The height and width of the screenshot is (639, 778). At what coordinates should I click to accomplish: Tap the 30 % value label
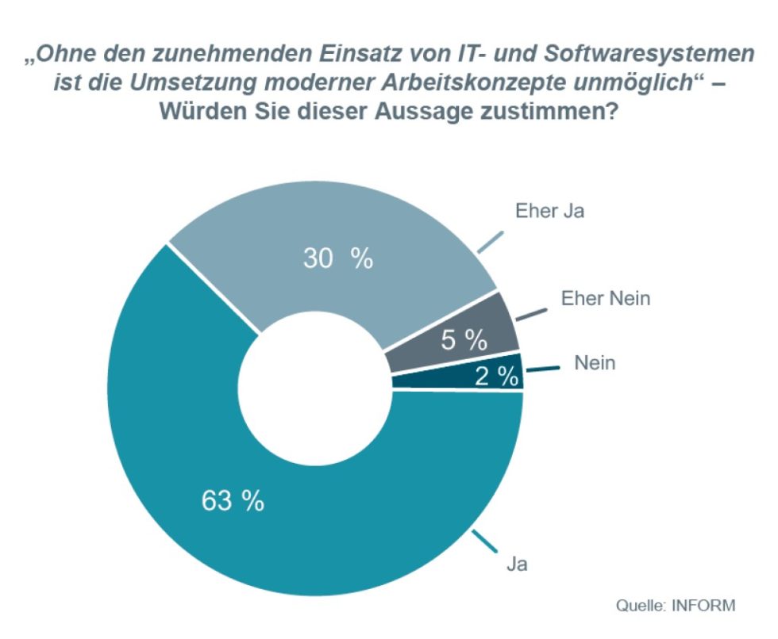click(338, 258)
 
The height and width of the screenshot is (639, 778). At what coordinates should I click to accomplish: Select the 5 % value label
click(464, 340)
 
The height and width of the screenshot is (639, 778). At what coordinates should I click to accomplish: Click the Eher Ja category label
click(550, 212)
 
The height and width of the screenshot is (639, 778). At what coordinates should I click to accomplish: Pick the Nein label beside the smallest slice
click(595, 364)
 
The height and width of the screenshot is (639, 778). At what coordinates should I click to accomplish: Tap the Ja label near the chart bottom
click(517, 564)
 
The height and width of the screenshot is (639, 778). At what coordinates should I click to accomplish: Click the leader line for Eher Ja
click(491, 242)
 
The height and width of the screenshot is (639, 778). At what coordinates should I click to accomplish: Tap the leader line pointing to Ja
click(483, 544)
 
